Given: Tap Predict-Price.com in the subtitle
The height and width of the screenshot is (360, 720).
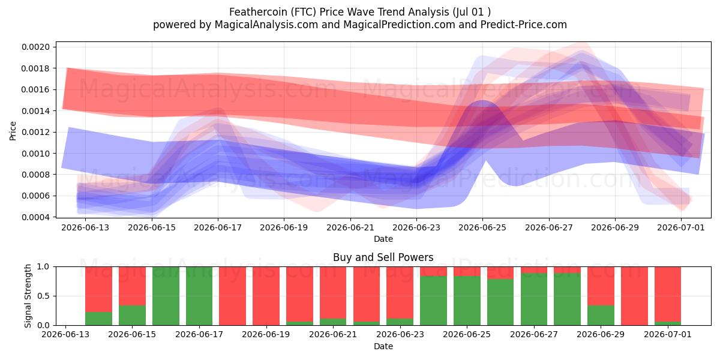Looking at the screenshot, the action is click(524, 25).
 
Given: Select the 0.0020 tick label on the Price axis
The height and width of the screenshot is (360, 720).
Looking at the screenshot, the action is click(35, 47).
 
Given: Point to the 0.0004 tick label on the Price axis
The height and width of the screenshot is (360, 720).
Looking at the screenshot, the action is click(35, 217).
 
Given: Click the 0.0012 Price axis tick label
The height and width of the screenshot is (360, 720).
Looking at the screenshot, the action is click(35, 132).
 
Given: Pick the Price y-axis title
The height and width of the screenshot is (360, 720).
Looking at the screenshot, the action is click(13, 131).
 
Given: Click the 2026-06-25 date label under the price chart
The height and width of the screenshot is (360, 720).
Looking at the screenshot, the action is click(482, 227).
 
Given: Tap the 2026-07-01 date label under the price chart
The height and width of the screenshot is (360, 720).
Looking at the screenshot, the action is click(681, 227).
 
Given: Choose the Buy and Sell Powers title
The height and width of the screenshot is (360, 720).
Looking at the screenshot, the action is click(383, 257).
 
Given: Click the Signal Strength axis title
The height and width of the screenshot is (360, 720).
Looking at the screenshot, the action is click(28, 296).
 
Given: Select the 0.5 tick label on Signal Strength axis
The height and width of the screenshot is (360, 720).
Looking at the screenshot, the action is click(43, 296).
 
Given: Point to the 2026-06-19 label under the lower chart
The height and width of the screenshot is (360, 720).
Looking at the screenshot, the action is click(266, 334).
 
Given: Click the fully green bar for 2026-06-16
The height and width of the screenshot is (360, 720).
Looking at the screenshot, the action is click(166, 296).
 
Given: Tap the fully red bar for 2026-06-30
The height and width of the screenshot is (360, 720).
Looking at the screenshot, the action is click(634, 296).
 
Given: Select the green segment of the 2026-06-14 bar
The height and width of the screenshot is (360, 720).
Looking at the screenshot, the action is click(98, 319).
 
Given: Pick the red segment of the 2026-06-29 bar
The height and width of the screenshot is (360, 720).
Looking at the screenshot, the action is click(601, 286).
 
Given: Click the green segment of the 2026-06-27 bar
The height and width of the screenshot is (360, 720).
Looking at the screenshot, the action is click(534, 299).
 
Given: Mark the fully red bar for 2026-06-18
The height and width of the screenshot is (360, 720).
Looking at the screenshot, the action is click(232, 296).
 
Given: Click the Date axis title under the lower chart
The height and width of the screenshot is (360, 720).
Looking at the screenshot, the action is click(383, 346).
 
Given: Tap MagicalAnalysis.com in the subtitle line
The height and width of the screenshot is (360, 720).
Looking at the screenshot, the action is click(266, 25).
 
